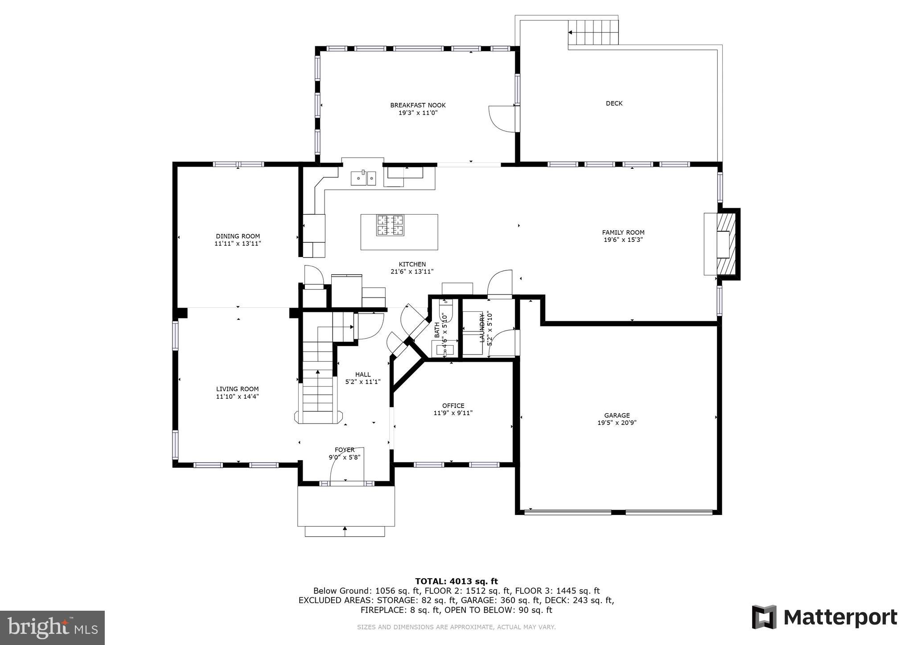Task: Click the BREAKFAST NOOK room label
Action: (418, 105)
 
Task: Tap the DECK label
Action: (614, 103)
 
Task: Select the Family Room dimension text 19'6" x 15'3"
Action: (623, 240)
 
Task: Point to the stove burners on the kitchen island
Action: (390, 225)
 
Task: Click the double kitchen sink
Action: (363, 178)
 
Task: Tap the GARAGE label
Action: (617, 415)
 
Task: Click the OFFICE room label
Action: (453, 405)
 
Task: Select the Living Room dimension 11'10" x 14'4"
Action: (237, 396)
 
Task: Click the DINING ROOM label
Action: (238, 236)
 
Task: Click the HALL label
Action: (362, 374)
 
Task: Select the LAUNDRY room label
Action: (481, 328)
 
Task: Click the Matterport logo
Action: (824, 617)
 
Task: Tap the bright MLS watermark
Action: (53, 628)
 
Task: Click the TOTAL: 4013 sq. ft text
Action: (456, 581)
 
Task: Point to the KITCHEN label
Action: (412, 264)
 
